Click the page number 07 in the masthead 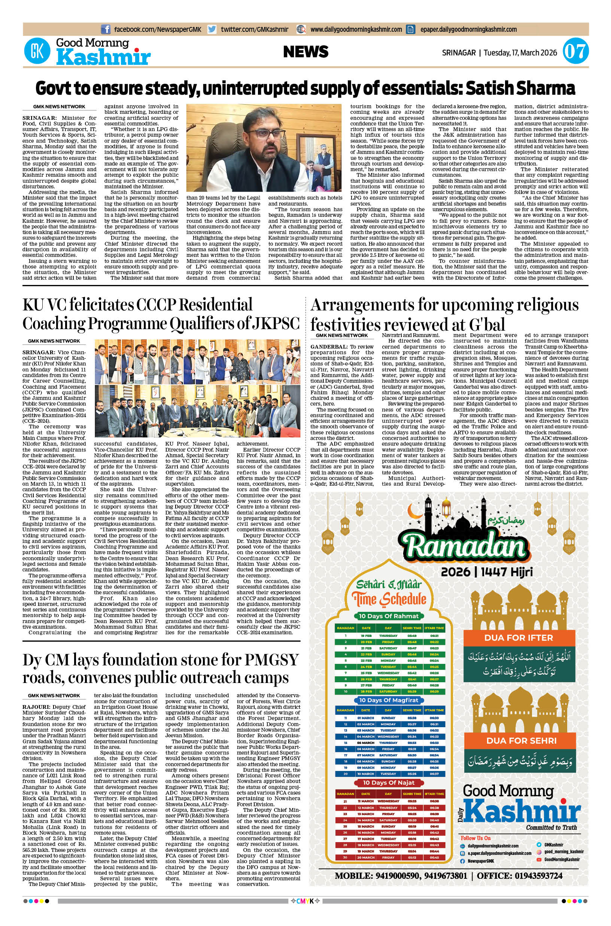(575, 52)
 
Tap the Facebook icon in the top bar (106, 29)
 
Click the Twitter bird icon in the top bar (212, 29)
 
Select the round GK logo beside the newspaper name (37, 52)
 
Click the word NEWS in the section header (305, 52)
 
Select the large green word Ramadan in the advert (462, 547)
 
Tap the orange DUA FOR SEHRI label (522, 741)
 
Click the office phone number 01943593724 (539, 876)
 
